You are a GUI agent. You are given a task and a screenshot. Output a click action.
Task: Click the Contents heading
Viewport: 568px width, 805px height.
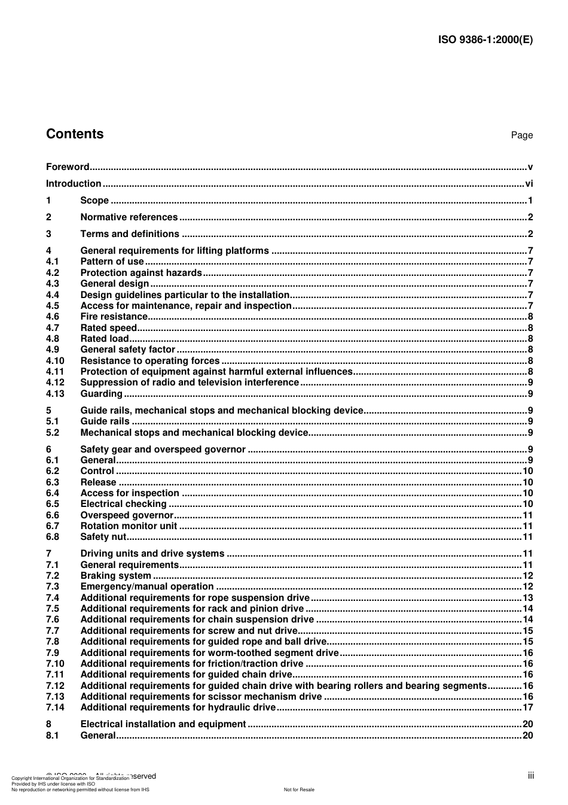75,134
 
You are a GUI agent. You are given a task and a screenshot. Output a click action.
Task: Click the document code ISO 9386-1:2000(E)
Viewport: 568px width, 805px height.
485,40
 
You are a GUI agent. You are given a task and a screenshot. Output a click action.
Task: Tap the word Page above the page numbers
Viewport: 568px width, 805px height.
521,135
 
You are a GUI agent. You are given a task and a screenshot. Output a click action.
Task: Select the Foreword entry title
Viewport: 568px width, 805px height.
68,167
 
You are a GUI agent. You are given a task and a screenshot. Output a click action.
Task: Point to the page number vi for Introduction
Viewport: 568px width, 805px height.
529,184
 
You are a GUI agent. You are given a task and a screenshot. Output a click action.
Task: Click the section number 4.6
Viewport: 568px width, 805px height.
53,317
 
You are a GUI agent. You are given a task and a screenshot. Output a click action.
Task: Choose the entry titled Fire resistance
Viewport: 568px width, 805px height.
114,317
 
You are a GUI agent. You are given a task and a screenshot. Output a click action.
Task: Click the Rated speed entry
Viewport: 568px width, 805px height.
108,328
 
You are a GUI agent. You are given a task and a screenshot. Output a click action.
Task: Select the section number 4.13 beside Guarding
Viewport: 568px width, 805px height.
55,394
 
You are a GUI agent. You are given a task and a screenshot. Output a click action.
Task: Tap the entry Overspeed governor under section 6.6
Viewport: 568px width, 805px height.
127,515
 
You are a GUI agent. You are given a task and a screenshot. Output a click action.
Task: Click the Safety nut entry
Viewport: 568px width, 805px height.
103,537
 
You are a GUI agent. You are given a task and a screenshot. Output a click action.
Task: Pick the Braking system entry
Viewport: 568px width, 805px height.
115,576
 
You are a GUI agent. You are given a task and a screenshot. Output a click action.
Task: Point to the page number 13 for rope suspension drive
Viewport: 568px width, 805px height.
527,598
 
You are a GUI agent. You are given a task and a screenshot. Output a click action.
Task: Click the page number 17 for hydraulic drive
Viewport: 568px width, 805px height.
527,707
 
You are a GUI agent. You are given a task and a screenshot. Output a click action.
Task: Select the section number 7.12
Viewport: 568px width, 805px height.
55,686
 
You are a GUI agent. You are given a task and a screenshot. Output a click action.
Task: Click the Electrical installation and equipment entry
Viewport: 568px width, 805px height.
163,724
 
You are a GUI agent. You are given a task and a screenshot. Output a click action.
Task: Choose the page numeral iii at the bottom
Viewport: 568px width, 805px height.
530,776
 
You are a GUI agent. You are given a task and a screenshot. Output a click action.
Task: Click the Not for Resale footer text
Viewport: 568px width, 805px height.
299,789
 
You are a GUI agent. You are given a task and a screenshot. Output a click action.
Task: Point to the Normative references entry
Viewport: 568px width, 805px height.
129,217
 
